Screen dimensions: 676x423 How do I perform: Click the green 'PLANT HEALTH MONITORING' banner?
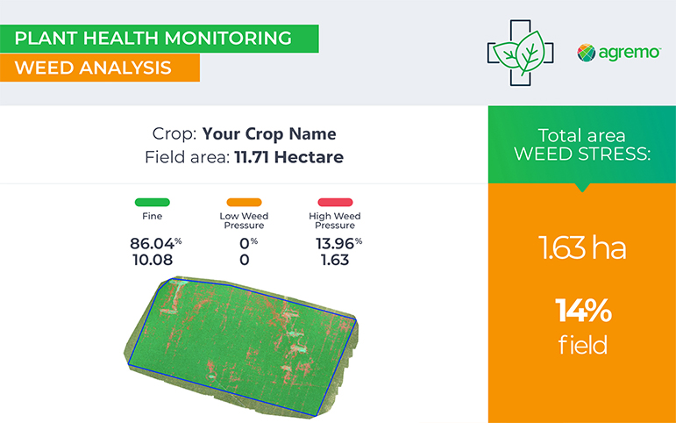[x=159, y=39]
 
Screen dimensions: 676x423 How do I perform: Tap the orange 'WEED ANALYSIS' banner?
[x=100, y=68]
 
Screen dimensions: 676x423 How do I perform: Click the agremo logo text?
[x=630, y=53]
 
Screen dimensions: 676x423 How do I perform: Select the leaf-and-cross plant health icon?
[x=520, y=53]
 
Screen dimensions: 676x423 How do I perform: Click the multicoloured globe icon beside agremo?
[x=587, y=53]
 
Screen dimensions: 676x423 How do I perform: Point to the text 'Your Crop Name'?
[x=269, y=134]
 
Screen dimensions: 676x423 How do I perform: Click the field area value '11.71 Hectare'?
[x=288, y=157]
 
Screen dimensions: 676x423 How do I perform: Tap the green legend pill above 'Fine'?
[x=153, y=202]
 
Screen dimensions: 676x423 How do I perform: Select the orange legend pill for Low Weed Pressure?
[x=244, y=202]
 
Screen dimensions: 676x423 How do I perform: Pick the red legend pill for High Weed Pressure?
[x=335, y=202]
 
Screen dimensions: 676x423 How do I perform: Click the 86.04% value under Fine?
[x=156, y=243]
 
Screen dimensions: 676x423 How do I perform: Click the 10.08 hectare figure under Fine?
[x=153, y=260]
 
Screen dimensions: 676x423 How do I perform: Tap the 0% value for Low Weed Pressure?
[x=248, y=243]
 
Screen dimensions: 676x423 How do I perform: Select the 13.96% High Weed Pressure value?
[x=338, y=243]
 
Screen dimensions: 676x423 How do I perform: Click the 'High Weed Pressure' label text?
[x=335, y=220]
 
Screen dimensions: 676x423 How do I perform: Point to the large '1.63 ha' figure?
[x=582, y=247]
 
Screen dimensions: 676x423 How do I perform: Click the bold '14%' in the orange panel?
[x=583, y=311]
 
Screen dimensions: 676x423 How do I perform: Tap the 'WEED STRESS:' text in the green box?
[x=582, y=154]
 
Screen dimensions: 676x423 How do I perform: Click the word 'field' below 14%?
[x=583, y=345]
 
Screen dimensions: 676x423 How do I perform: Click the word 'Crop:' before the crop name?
[x=174, y=134]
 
